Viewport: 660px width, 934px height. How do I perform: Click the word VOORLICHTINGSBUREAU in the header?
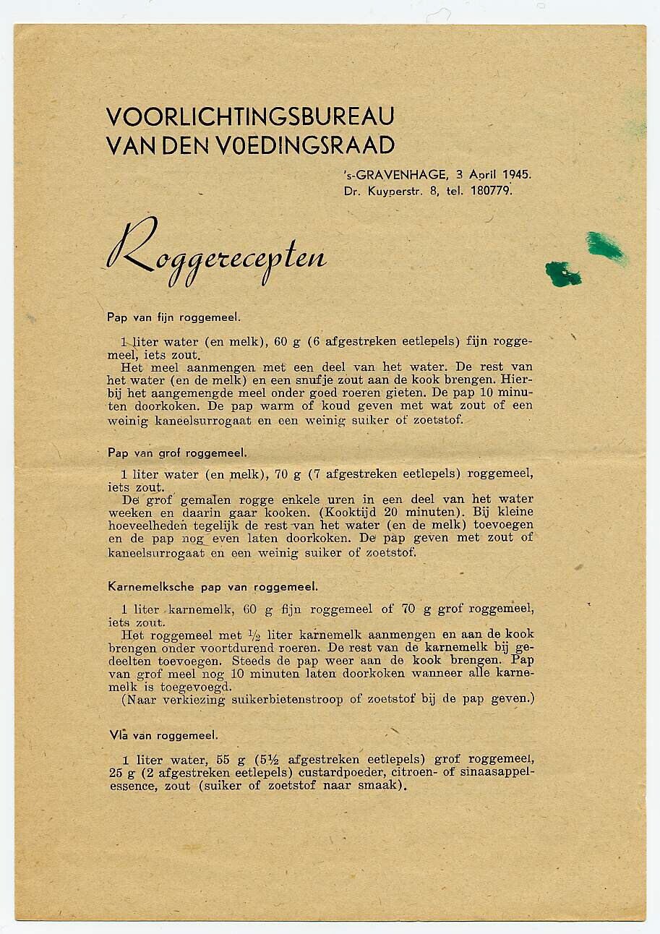249,116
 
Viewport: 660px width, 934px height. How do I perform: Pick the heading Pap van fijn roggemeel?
173,317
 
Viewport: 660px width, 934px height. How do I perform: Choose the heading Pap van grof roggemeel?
176,453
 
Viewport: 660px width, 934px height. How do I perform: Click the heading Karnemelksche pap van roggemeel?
213,587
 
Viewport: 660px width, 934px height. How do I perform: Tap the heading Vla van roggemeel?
163,735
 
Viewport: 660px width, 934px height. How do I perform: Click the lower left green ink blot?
562,274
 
